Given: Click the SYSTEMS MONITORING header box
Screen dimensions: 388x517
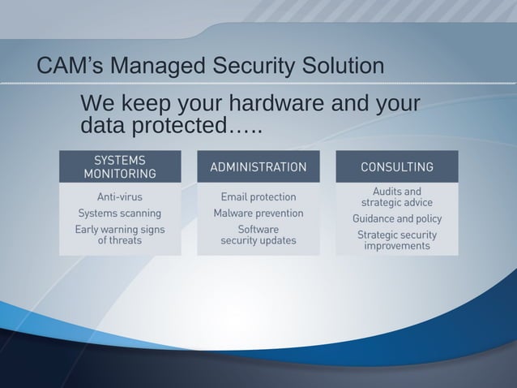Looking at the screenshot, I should coord(120,166).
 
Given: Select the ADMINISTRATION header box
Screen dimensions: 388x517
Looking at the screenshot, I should coord(258,167).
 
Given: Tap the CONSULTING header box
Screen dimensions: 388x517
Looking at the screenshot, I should coord(396,167).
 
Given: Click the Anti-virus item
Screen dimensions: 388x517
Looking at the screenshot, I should coord(120,196).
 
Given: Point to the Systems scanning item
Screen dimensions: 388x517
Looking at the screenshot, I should coord(120,213).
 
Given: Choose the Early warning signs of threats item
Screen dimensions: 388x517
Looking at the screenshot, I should coord(120,235).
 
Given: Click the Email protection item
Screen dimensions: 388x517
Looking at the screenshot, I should coord(258,196).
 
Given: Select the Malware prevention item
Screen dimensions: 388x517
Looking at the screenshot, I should coord(258,213).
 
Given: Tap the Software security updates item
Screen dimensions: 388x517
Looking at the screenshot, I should coord(258,235).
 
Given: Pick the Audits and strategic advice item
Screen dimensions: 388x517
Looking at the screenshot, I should coord(396,196).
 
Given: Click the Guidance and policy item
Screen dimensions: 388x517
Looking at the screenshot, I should coord(396,218).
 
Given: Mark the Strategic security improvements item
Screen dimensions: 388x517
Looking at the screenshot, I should coord(396,239).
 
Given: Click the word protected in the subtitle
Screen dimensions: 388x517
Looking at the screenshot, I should coord(179,127).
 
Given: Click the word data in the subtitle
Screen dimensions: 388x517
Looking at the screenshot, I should coord(103,127).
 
